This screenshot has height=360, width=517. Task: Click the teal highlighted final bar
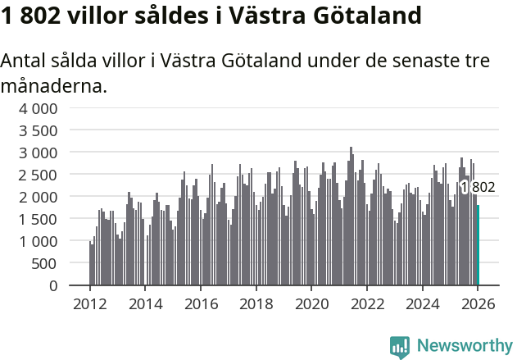click(x=478, y=245)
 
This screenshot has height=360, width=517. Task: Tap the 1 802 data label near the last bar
click(x=478, y=188)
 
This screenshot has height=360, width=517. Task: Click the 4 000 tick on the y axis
click(x=39, y=108)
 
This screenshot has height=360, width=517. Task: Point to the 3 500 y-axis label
click(x=39, y=130)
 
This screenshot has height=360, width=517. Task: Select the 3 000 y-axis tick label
click(x=39, y=153)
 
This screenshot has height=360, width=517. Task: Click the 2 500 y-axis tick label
click(x=39, y=175)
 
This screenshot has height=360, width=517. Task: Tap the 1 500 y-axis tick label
click(x=39, y=219)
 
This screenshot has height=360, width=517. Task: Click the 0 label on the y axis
click(x=53, y=285)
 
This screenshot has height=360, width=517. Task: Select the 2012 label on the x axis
click(x=89, y=304)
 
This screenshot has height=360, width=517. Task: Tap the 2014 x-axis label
click(x=145, y=304)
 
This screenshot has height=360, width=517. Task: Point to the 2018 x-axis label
click(x=256, y=304)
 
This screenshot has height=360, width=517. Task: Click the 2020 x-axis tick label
click(x=311, y=304)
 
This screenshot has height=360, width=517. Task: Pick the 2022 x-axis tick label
click(x=367, y=304)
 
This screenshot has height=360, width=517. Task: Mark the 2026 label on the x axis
click(x=478, y=304)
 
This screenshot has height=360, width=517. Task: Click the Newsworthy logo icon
click(x=400, y=347)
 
